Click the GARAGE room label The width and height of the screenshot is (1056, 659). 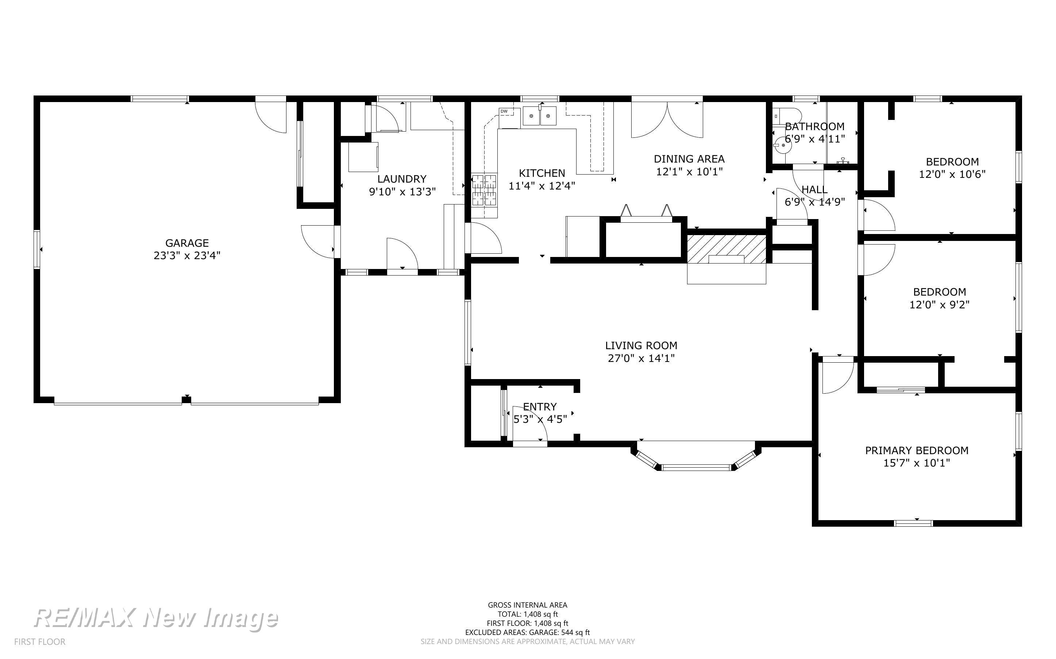pos(187,243)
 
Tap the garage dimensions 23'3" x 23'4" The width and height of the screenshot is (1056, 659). pos(187,256)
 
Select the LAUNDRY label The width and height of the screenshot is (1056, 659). pos(402,179)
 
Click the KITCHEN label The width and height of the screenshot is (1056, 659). pos(542,173)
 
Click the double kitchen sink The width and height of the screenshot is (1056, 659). pos(540,116)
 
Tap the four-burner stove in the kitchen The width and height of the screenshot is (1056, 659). pos(484,190)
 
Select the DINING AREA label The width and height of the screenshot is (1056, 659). pos(689,159)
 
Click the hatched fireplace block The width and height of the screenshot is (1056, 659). pos(727,249)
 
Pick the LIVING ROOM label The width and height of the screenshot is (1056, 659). pos(641,346)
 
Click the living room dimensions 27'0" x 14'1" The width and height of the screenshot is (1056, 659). pos(641,358)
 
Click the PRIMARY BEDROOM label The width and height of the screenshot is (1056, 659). pos(917,450)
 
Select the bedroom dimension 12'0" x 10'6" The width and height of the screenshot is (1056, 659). pos(952,174)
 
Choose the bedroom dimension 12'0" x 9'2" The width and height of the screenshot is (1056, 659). pos(939,305)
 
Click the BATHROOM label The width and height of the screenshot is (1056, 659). pos(815,126)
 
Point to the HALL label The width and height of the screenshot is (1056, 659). pos(815,190)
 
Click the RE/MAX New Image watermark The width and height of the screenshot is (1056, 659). pos(156,618)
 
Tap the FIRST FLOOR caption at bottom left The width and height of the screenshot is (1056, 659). pos(40,642)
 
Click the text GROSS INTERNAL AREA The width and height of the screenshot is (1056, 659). pos(527,605)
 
